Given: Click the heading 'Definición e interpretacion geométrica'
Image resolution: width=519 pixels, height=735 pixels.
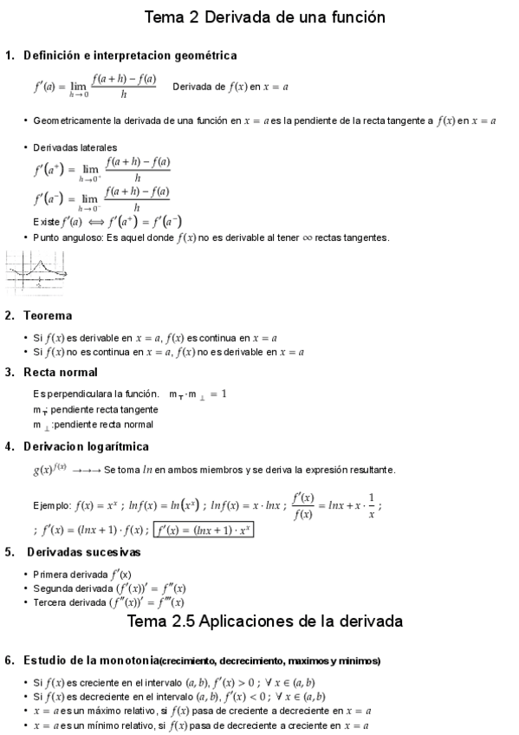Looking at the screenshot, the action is [130, 55].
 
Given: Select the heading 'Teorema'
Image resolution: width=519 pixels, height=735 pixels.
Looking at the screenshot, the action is [48, 315].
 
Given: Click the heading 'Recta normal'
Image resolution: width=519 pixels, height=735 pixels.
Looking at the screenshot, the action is [61, 373].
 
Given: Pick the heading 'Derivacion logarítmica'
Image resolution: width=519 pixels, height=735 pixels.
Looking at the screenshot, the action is [86, 446].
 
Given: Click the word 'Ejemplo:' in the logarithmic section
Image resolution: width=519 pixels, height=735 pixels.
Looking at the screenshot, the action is [52, 505].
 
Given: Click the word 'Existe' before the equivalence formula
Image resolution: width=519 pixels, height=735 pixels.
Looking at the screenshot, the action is [47, 221].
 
